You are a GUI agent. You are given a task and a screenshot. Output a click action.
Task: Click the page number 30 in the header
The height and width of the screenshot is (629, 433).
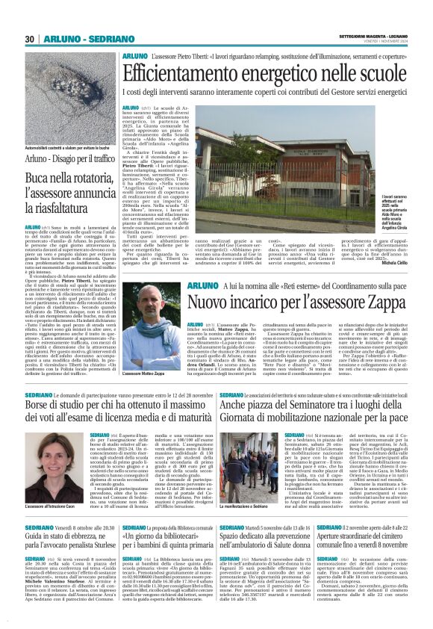click(x=30, y=39)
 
